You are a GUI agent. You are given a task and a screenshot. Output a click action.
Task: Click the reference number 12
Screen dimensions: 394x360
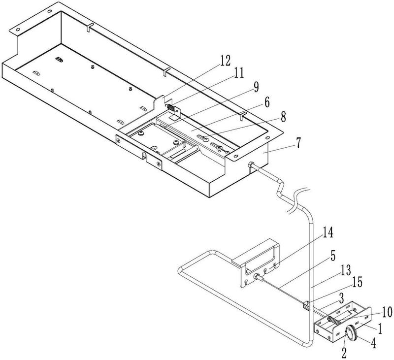tap(225, 61)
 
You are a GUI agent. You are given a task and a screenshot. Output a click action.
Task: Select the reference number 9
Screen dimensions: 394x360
tap(256, 87)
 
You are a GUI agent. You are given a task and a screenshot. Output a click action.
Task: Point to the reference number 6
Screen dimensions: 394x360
tap(267, 102)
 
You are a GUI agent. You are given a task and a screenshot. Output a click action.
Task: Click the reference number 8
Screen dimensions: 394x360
tap(283, 117)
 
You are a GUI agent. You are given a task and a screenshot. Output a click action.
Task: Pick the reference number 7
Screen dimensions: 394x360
tap(298, 143)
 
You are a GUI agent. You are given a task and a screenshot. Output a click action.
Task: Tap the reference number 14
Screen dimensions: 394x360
tap(328, 232)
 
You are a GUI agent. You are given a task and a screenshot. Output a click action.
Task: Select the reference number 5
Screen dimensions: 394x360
tap(332, 256)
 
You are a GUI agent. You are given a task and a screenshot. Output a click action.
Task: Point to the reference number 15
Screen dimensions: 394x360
tap(357, 282)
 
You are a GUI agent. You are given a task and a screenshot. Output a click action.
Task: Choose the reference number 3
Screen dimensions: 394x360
tap(341, 298)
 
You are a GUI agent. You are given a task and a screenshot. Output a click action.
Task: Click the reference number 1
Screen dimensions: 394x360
tap(380, 329)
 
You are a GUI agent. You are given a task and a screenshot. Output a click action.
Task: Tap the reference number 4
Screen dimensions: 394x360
tap(374, 343)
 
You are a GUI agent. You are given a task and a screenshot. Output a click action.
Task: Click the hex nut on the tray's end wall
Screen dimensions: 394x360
tap(251, 165)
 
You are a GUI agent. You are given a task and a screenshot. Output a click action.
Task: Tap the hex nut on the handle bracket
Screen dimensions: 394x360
tap(257, 277)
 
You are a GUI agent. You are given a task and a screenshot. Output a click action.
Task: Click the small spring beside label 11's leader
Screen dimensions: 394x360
tap(170, 107)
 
